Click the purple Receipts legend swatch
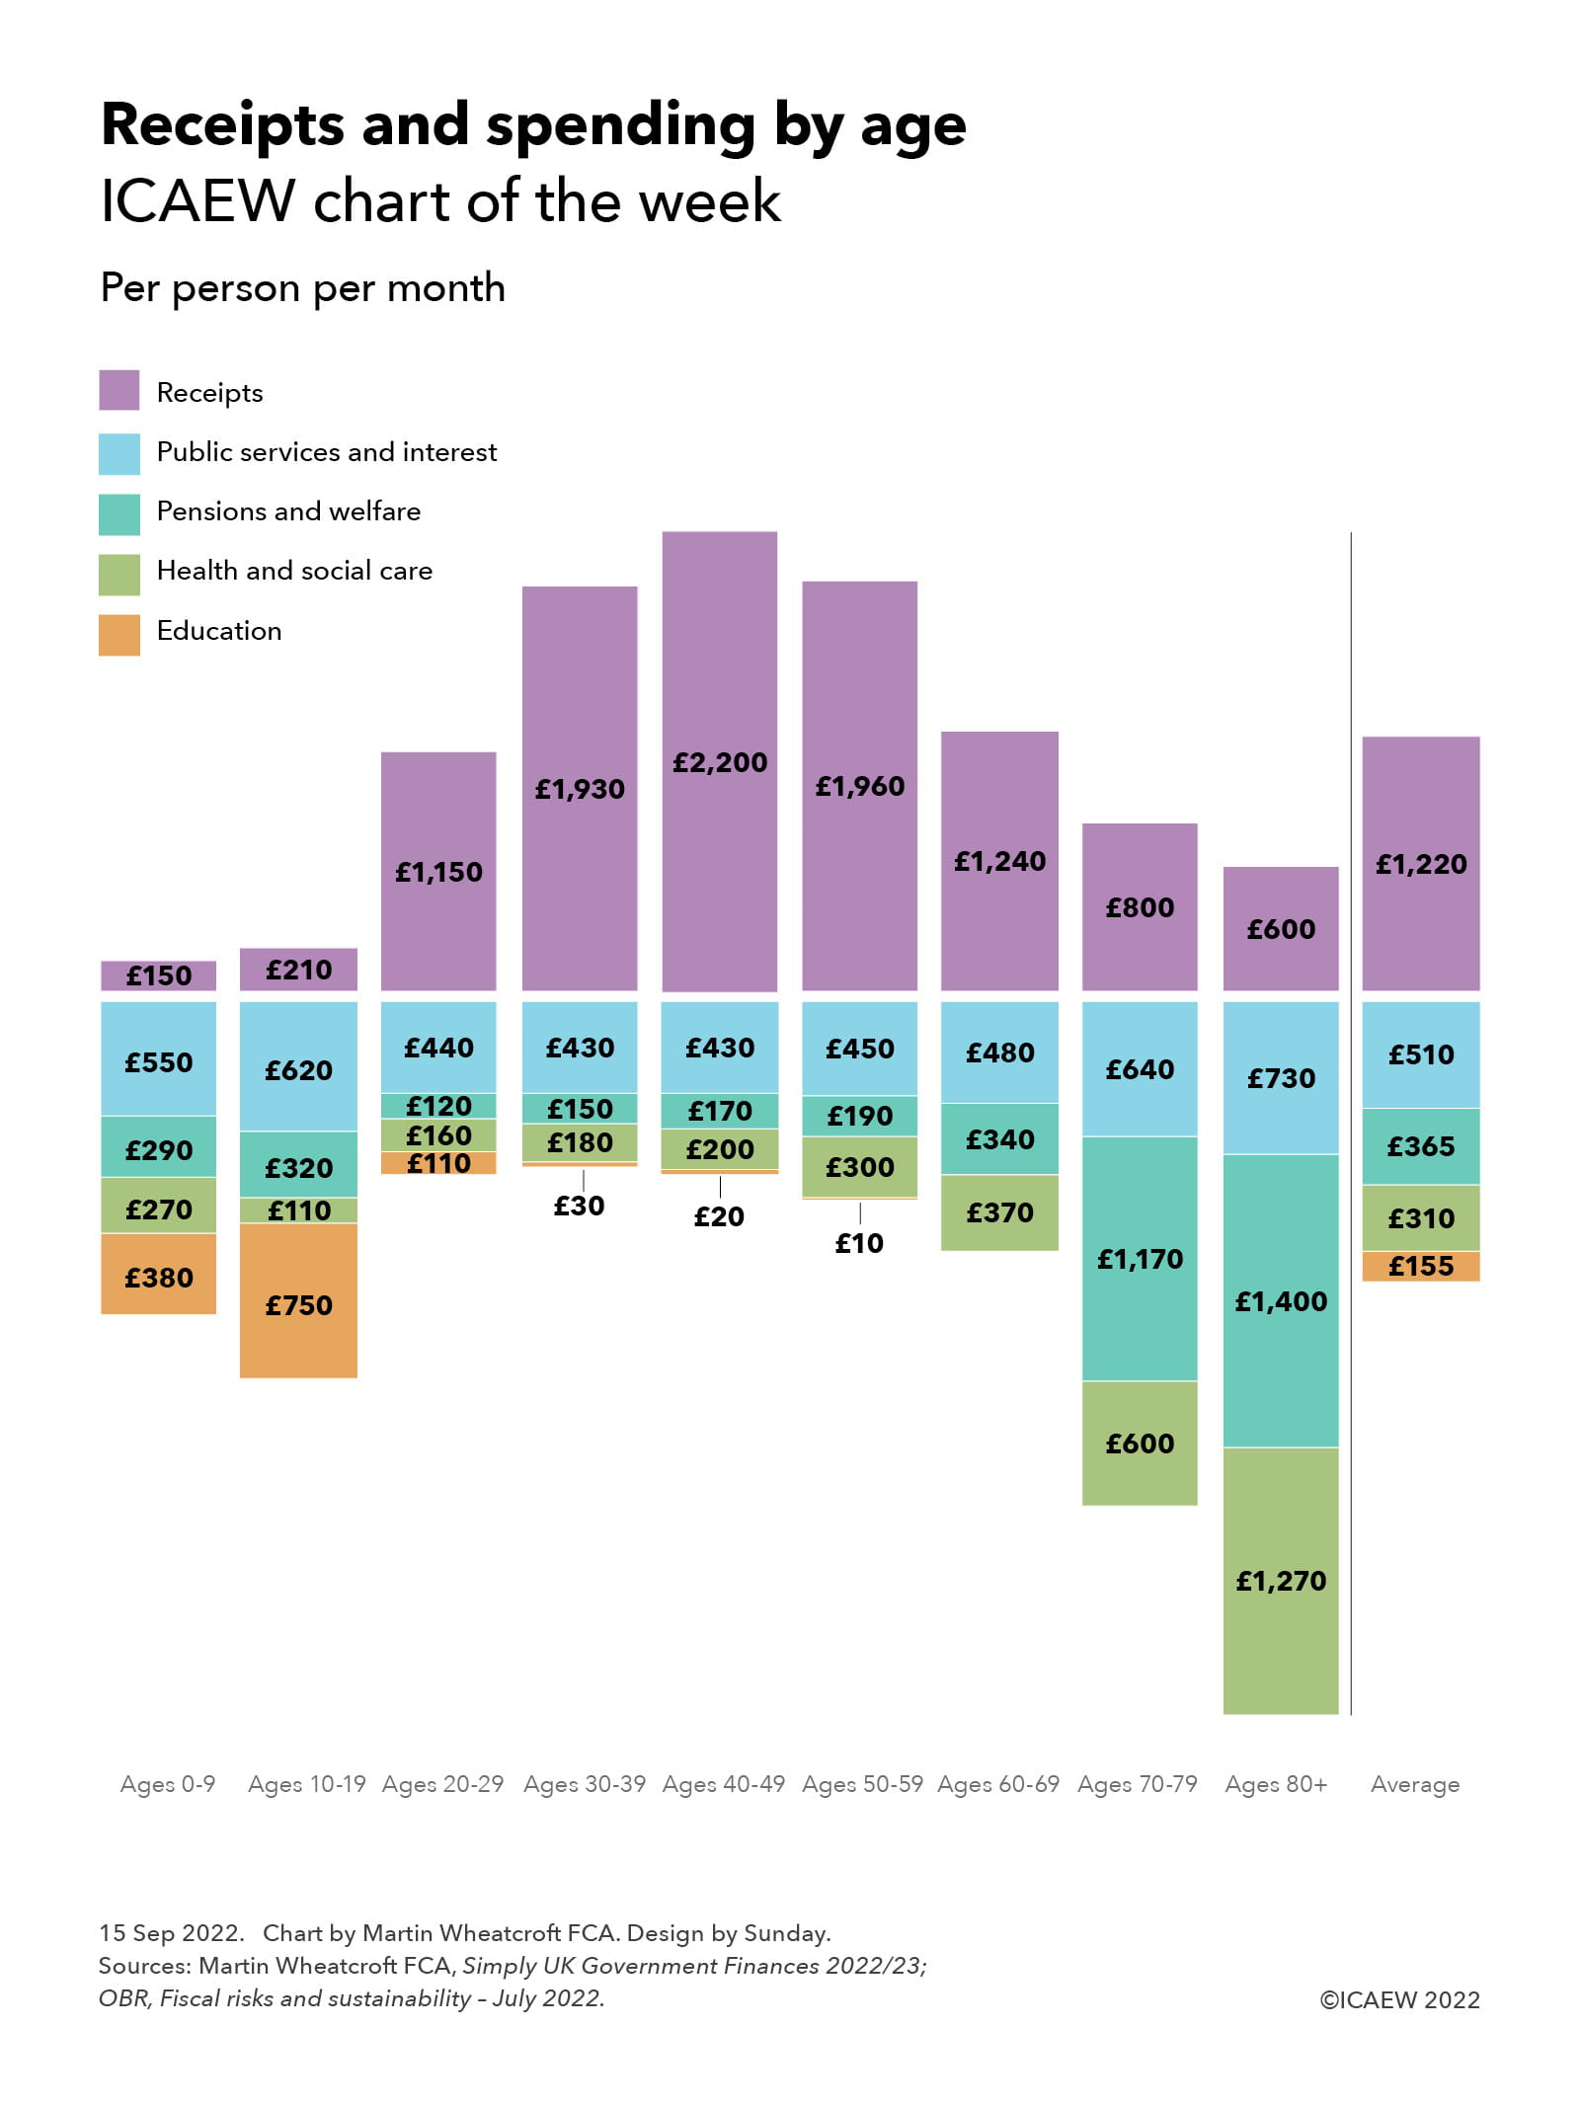click(x=118, y=390)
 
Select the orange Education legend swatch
click(x=118, y=635)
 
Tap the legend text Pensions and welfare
click(x=288, y=510)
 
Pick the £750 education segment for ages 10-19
click(x=298, y=1303)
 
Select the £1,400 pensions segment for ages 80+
click(x=1280, y=1299)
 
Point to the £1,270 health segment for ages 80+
click(x=1280, y=1580)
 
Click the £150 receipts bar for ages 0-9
click(x=158, y=975)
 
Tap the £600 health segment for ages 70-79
click(x=1140, y=1443)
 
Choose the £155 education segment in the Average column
click(x=1420, y=1266)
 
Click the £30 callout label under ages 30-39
click(x=579, y=1206)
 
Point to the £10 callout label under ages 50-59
click(x=859, y=1243)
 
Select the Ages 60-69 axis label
click(x=997, y=1783)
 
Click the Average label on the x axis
click(x=1414, y=1783)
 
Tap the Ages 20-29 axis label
click(x=442, y=1783)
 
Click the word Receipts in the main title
click(x=222, y=125)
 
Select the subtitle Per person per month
click(x=302, y=288)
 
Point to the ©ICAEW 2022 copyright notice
click(x=1399, y=1999)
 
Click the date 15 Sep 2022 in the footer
click(x=171, y=1932)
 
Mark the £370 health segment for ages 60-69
click(x=999, y=1211)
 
